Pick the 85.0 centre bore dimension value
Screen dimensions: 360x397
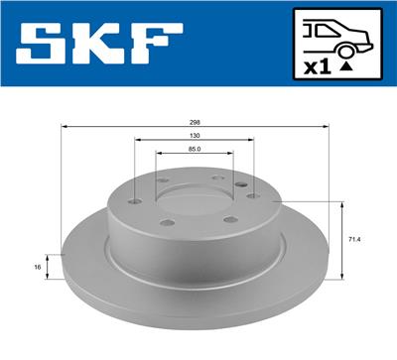pos(194,150)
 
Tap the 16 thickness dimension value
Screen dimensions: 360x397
pos(37,267)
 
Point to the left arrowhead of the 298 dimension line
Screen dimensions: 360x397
pos(65,127)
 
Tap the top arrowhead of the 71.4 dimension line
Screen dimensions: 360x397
pos(342,203)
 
